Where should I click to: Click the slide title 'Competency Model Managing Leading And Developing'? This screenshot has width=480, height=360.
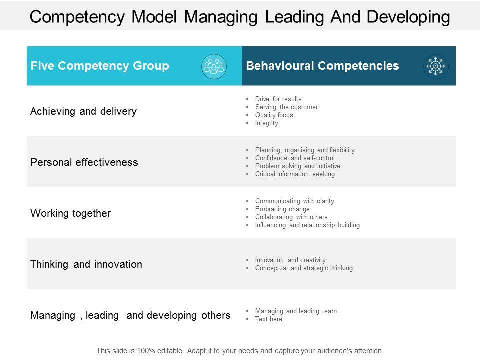pyautogui.click(x=240, y=16)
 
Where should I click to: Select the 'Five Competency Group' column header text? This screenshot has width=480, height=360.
pyautogui.click(x=100, y=66)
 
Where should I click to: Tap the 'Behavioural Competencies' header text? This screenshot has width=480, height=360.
pyautogui.click(x=323, y=66)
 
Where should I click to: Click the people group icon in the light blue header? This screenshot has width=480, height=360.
pyautogui.click(x=214, y=66)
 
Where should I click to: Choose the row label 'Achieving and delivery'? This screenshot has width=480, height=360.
pyautogui.click(x=83, y=111)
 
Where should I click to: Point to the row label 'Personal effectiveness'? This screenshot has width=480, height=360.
pyautogui.click(x=84, y=162)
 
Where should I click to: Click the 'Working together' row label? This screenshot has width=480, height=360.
pyautogui.click(x=71, y=213)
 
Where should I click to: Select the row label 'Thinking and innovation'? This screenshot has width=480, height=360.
pyautogui.click(x=86, y=264)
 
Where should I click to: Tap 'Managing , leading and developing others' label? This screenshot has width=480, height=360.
pyautogui.click(x=130, y=315)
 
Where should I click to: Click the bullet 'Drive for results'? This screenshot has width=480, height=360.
pyautogui.click(x=278, y=99)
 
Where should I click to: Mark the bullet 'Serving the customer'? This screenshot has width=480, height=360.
pyautogui.click(x=286, y=107)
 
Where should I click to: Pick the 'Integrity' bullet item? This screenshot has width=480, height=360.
pyautogui.click(x=266, y=123)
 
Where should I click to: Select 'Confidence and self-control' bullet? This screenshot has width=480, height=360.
pyautogui.click(x=295, y=158)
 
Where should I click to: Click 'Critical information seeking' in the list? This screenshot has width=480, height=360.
pyautogui.click(x=295, y=174)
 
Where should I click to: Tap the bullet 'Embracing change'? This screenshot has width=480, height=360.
pyautogui.click(x=282, y=209)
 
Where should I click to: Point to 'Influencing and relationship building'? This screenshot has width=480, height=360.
pyautogui.click(x=307, y=225)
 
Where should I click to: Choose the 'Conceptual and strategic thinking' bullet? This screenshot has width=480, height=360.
pyautogui.click(x=304, y=268)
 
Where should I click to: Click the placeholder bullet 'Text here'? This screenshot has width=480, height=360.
pyautogui.click(x=268, y=319)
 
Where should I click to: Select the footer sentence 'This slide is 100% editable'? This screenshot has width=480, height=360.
pyautogui.click(x=240, y=351)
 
